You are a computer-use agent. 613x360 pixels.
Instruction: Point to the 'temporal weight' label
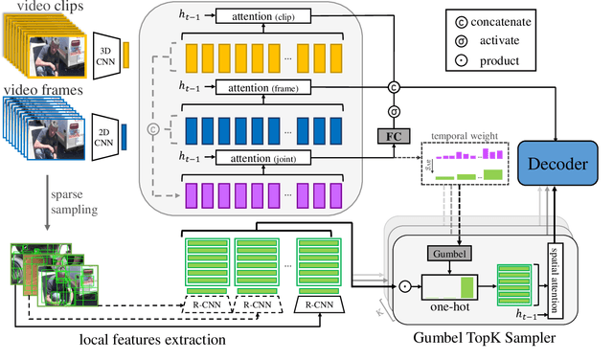[x=463, y=136]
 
